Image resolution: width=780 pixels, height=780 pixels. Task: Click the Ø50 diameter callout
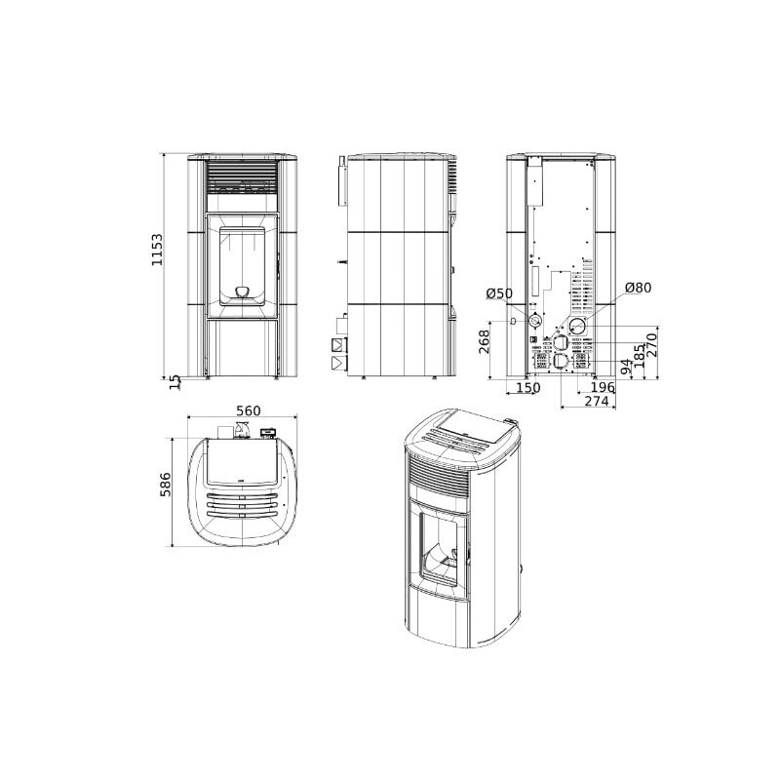tap(498, 293)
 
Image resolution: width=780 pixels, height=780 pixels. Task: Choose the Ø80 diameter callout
tap(638, 289)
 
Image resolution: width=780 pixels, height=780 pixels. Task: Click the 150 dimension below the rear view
tap(527, 389)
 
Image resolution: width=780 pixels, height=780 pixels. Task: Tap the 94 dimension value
tap(625, 367)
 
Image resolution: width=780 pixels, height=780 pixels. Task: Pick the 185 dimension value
tap(639, 357)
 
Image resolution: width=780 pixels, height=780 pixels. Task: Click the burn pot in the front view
tap(241, 290)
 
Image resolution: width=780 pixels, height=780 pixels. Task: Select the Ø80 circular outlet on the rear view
tap(578, 326)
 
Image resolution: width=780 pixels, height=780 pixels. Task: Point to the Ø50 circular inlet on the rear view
tap(535, 321)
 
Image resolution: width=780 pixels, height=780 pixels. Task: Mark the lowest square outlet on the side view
tap(338, 364)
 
